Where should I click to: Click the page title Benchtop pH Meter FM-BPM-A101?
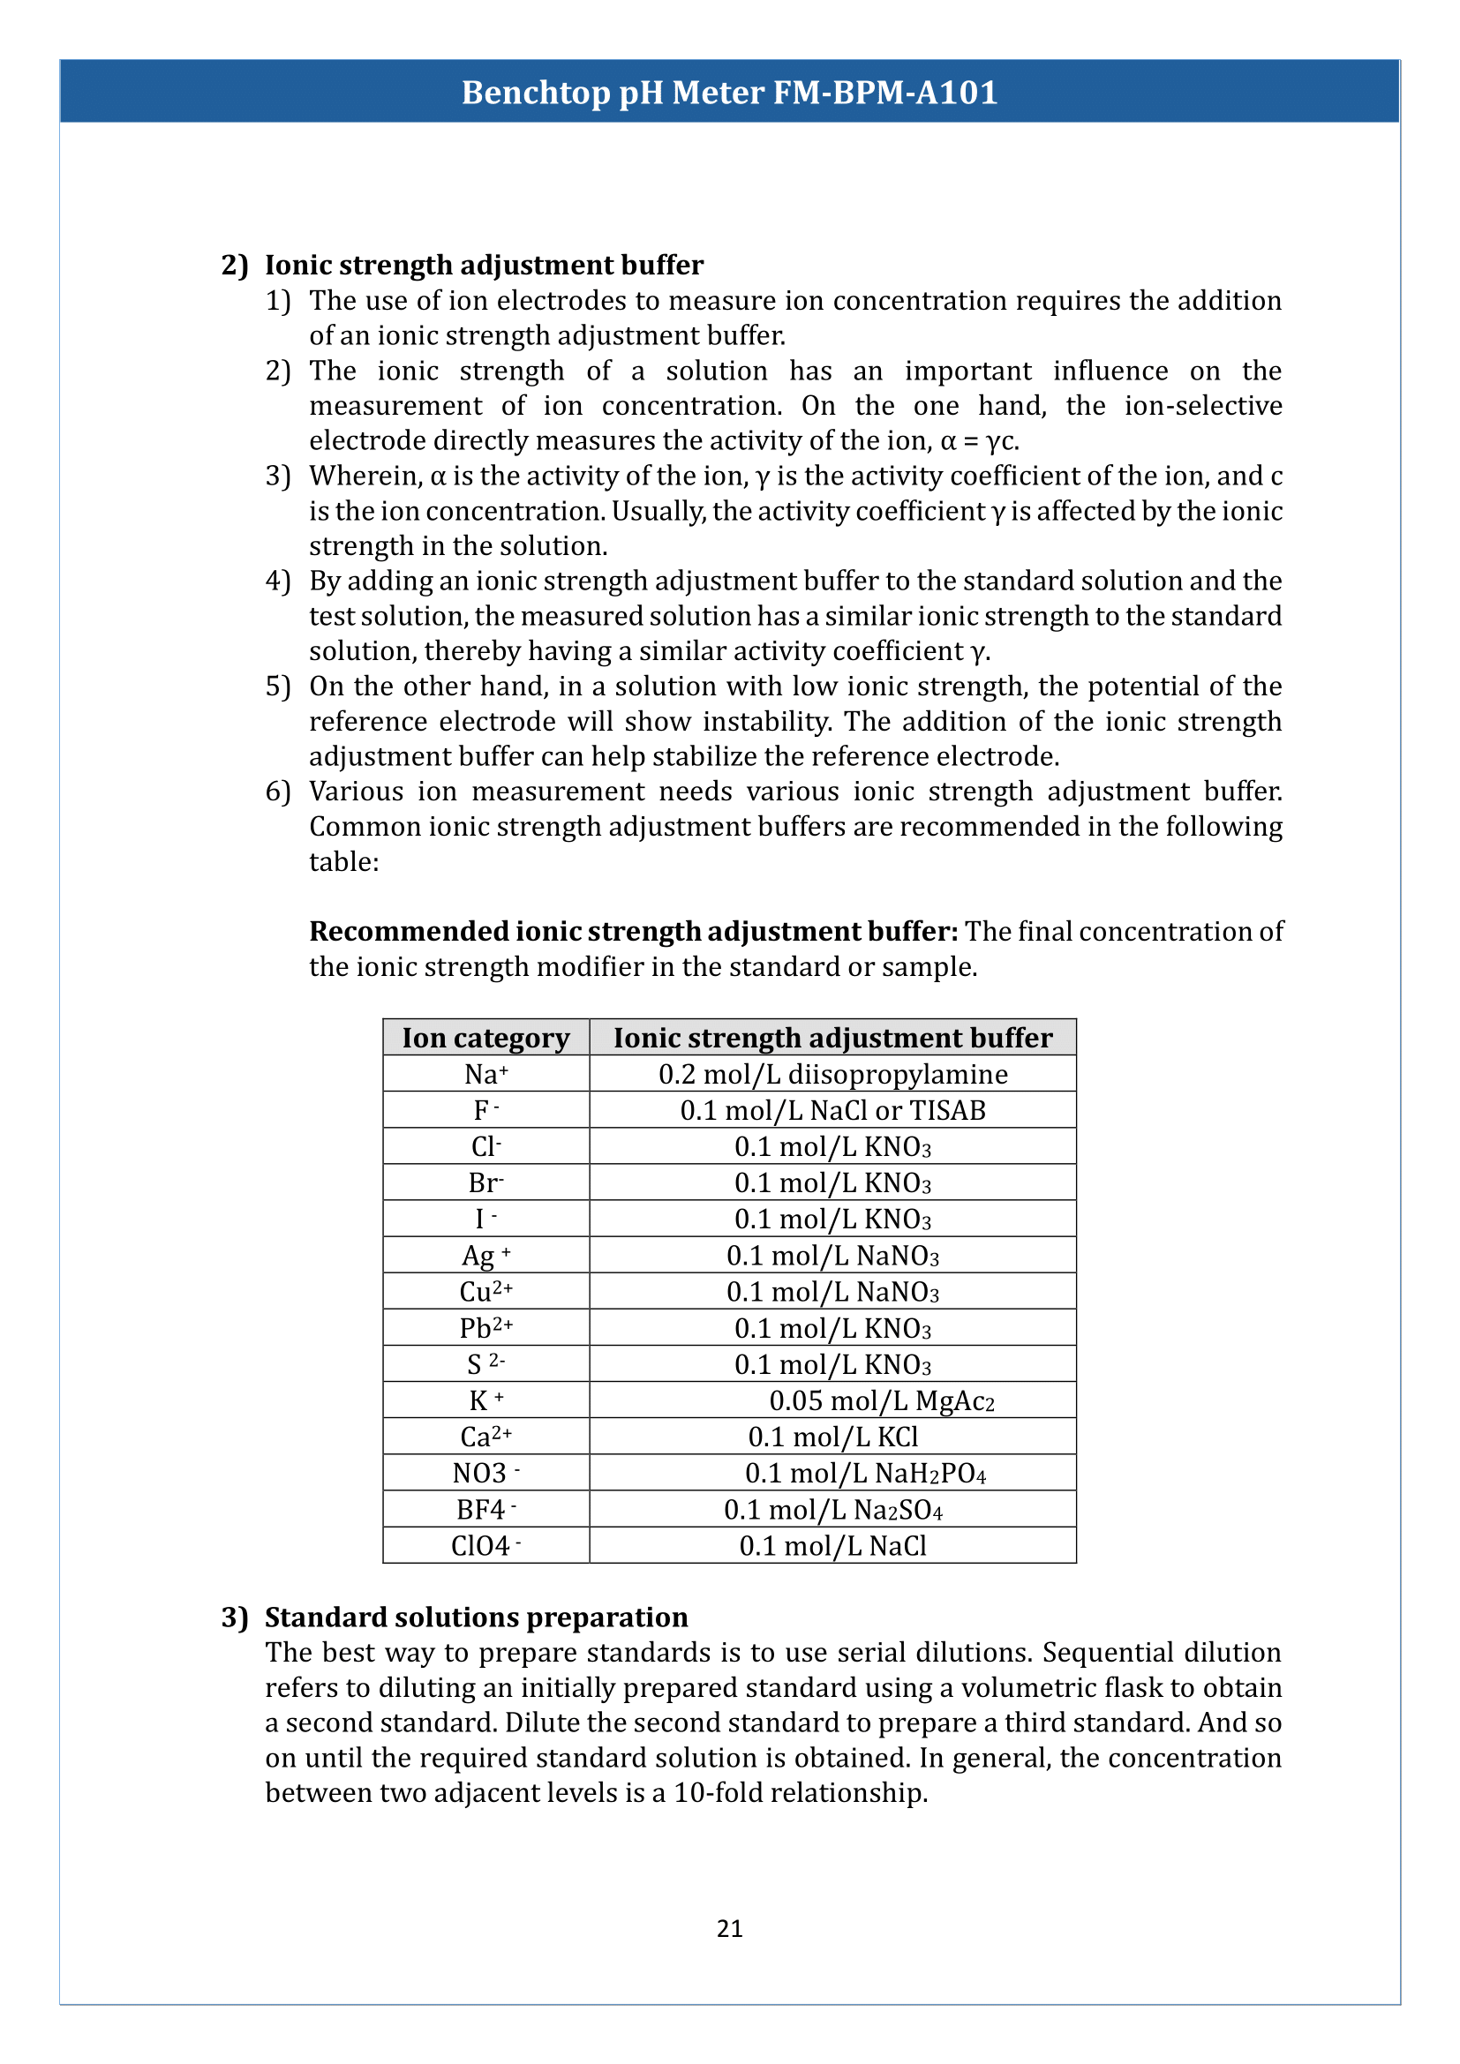[x=729, y=93]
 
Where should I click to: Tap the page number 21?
[x=729, y=1927]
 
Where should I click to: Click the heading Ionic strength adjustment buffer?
[x=484, y=266]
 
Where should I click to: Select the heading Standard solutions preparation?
[x=476, y=1617]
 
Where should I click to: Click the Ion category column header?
[x=485, y=1038]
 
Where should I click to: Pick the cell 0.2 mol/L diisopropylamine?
[x=832, y=1074]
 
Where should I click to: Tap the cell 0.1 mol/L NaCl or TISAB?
[x=832, y=1110]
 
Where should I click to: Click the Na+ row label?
[x=485, y=1074]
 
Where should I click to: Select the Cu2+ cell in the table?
[x=485, y=1292]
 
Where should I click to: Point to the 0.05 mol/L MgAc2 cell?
[x=881, y=1400]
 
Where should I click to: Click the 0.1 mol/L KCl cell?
[x=832, y=1437]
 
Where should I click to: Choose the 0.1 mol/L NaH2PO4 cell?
[x=865, y=1474]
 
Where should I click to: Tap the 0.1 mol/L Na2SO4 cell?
[x=832, y=1509]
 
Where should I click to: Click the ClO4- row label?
[x=485, y=1545]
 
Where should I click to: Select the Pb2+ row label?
[x=485, y=1328]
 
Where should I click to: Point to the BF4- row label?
[x=485, y=1509]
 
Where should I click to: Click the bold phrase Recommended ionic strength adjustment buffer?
[x=633, y=931]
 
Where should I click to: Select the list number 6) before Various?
[x=278, y=791]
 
